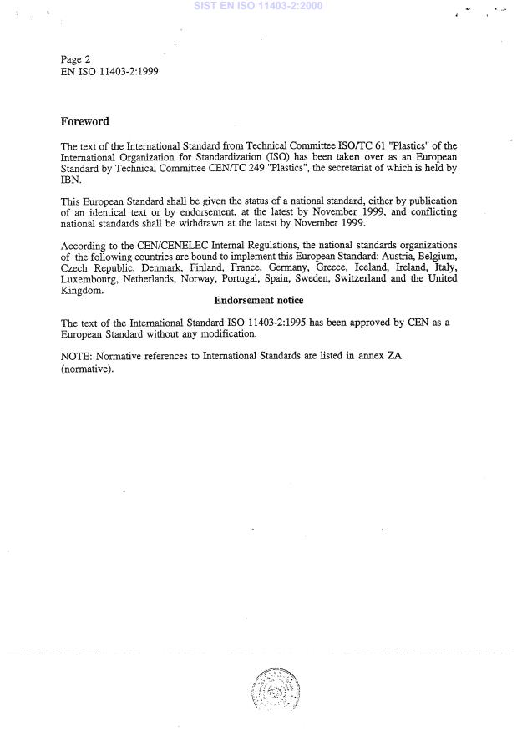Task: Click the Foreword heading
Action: point(84,121)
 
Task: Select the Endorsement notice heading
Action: point(258,300)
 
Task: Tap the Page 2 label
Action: point(76,59)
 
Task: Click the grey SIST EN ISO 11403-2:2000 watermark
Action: point(257,6)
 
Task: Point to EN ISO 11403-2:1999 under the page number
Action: point(109,72)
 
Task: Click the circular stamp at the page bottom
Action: point(273,690)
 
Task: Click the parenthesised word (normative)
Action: point(87,368)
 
